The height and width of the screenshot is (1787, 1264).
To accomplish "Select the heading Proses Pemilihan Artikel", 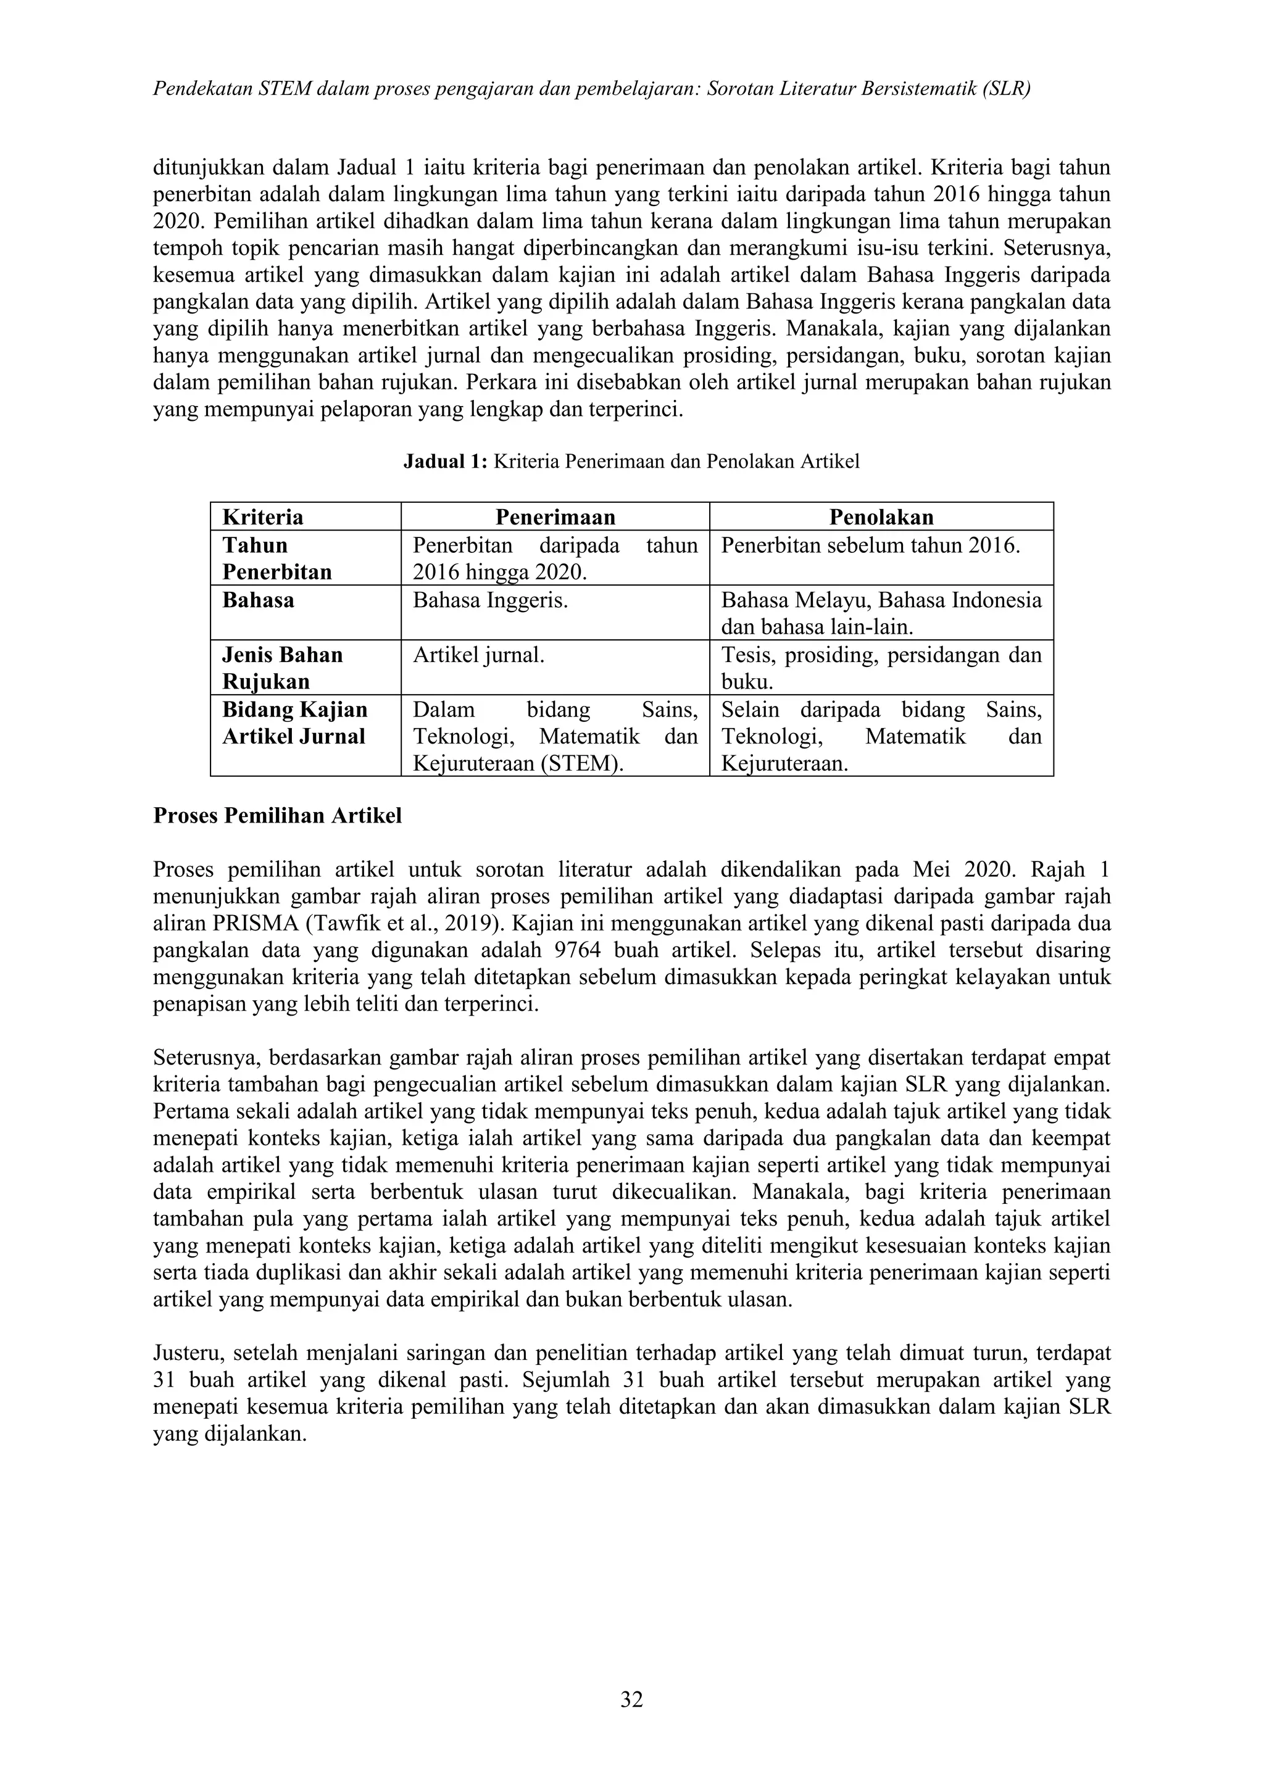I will [277, 816].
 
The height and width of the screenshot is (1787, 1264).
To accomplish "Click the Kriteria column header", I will [263, 517].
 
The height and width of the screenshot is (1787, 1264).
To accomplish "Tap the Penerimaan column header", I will [555, 517].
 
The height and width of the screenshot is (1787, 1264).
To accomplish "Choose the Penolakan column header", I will [881, 517].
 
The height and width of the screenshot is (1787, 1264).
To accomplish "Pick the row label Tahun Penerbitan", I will [276, 558].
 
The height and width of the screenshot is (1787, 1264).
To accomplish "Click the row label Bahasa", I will [259, 600].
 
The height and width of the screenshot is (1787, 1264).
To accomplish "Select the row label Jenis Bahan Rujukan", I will [282, 668].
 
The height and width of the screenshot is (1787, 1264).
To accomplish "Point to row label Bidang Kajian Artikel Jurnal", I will [294, 723].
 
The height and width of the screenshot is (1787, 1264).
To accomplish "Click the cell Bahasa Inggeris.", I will [489, 600].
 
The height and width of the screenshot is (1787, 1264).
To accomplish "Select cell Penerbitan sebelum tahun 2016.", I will [870, 545].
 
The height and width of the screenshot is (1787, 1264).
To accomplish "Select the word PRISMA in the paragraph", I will [248, 924].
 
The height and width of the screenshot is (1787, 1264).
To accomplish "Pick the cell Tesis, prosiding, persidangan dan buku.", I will [881, 668].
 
